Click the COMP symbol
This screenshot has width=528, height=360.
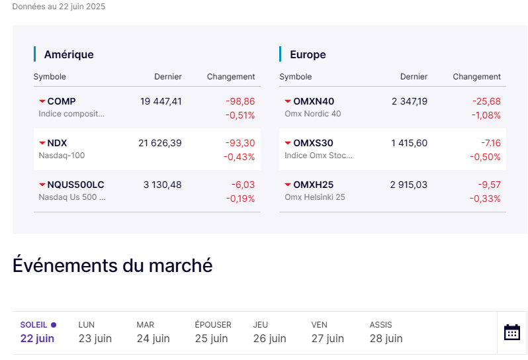tap(61, 101)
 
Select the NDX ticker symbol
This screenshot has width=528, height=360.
tap(57, 143)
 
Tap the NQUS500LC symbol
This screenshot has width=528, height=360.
tap(75, 185)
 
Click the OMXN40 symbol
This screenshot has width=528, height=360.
tap(314, 101)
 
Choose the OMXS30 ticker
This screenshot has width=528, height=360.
tap(313, 143)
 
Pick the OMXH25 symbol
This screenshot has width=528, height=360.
tap(313, 185)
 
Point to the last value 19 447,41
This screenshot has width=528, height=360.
tap(161, 101)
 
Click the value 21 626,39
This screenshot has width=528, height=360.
tap(160, 143)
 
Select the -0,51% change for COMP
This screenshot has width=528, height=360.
tap(240, 115)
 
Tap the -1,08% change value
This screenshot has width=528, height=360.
tap(486, 115)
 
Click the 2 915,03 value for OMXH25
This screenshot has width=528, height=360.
tap(409, 185)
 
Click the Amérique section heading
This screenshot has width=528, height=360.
tap(69, 54)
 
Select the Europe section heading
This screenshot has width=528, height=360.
tap(308, 54)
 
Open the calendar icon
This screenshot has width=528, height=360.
tap(512, 332)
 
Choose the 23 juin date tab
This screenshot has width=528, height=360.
tap(95, 338)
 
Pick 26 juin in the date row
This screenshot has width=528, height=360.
tap(269, 338)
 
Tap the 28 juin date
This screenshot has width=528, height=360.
tap(386, 338)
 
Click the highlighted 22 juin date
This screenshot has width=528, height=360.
tap(37, 338)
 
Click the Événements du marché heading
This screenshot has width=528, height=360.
tap(112, 265)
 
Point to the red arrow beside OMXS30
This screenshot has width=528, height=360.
tap(288, 143)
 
